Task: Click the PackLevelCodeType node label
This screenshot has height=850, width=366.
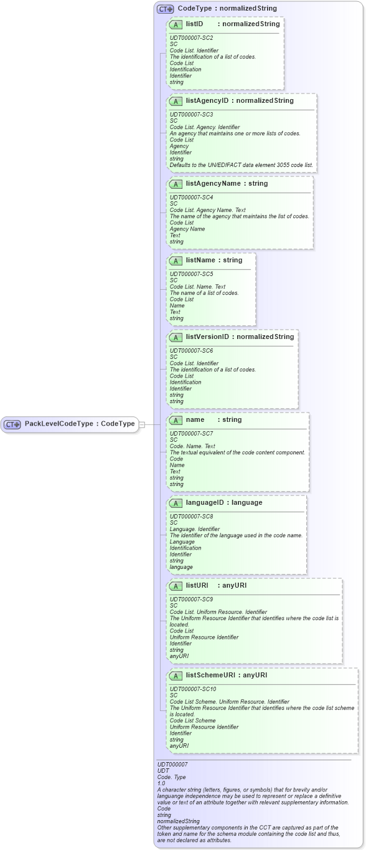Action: tap(79, 424)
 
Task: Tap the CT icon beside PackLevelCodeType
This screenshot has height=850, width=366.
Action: tap(12, 424)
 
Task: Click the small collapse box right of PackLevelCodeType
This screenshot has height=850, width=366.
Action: tap(142, 424)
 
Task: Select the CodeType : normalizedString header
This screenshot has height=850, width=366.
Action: tap(227, 8)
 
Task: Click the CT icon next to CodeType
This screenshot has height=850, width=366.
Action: tap(165, 9)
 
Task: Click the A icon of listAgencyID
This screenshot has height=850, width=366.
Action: tap(176, 101)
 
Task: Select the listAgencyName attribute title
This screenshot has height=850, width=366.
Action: tap(227, 184)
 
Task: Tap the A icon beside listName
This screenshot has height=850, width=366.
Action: tap(176, 260)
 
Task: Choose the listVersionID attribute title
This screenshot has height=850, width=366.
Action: tap(240, 337)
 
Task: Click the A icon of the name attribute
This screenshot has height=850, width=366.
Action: tap(176, 420)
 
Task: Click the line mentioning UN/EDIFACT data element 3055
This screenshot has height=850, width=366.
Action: tap(242, 165)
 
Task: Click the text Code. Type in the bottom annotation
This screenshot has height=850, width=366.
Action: tap(172, 776)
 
